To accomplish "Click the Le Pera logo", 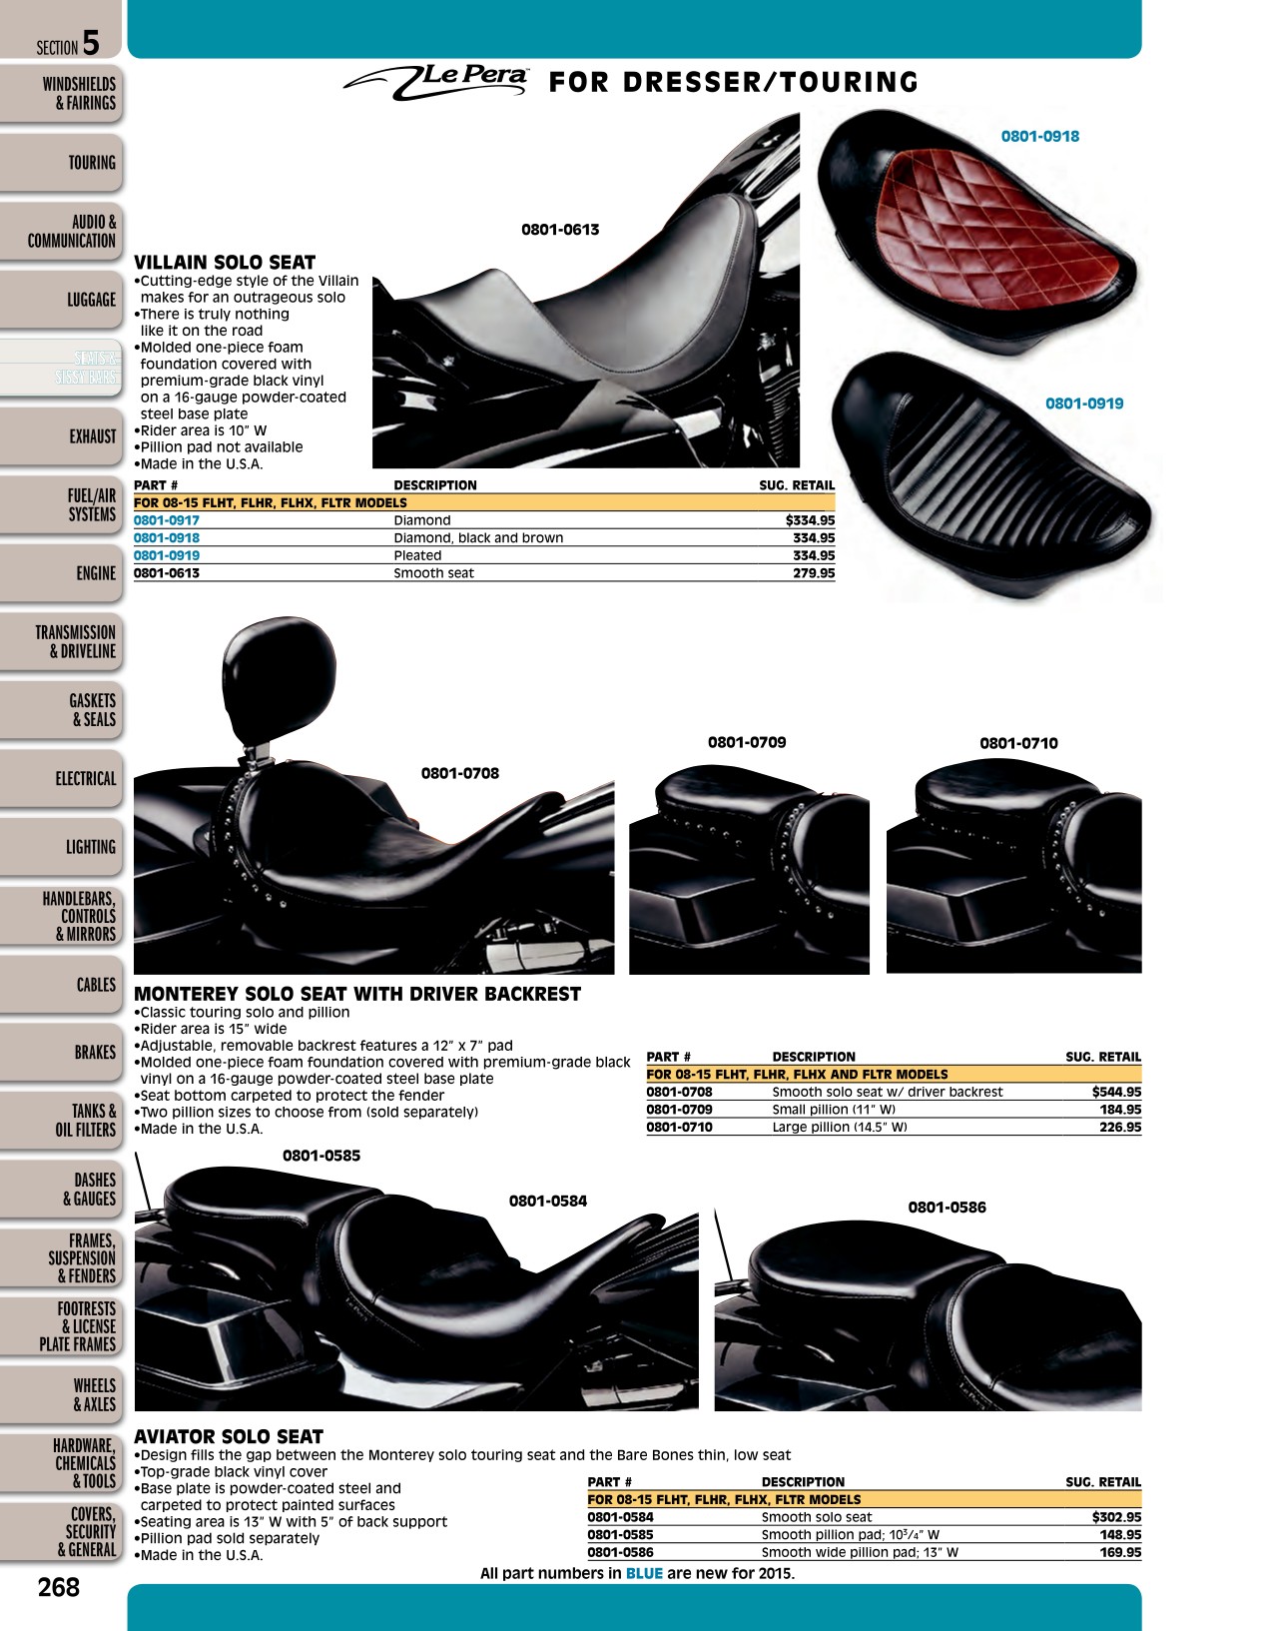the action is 435,81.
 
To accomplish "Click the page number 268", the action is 59,1587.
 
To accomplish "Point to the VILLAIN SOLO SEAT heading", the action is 225,262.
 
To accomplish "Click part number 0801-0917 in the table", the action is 167,520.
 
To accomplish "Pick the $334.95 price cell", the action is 810,520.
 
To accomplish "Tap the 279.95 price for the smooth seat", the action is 814,572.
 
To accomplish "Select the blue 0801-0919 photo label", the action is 1084,404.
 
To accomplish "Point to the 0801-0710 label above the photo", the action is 1018,743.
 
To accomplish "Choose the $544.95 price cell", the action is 1116,1092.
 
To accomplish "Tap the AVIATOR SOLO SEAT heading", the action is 228,1436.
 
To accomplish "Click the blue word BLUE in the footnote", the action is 644,1572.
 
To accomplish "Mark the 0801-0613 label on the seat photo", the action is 560,230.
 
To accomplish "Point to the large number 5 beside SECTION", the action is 91,43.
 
